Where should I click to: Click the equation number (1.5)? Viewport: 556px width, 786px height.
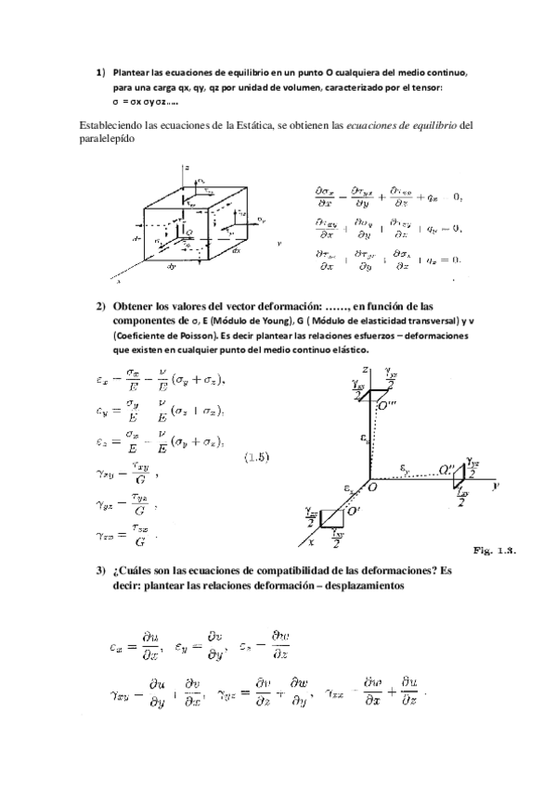click(x=257, y=457)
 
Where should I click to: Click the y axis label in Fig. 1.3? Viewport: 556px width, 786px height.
click(x=498, y=485)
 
